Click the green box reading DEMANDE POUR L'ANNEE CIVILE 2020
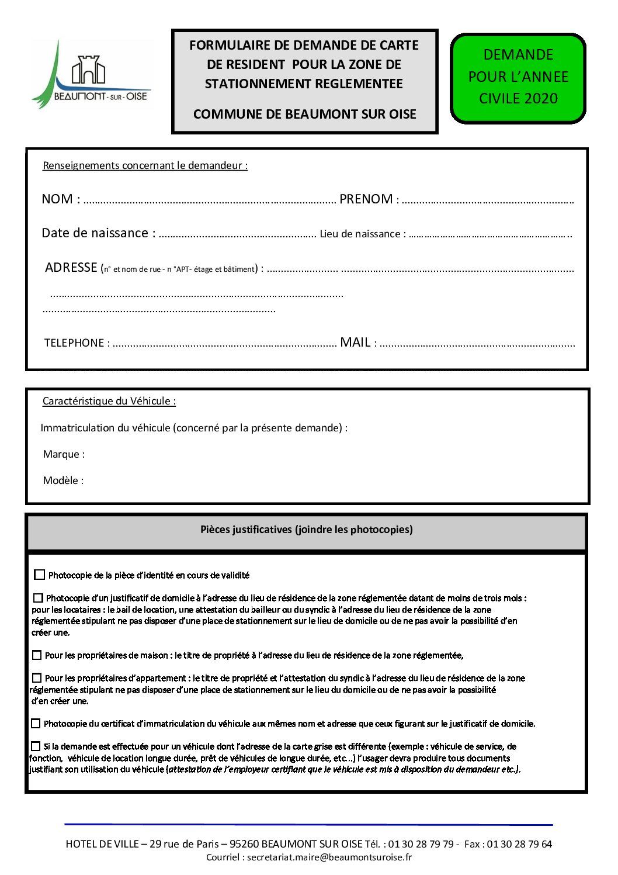coord(518,78)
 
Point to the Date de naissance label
coord(98,233)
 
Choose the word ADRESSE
coord(71,268)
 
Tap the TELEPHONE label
coord(77,343)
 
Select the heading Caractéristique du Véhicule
coord(109,401)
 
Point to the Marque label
coord(64,454)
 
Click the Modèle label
coord(63,480)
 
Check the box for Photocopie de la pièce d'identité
coord(40,575)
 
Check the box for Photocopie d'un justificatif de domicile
coord(38,598)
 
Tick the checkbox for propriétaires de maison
coord(37,655)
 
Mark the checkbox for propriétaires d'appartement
coord(37,678)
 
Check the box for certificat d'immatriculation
coord(36,724)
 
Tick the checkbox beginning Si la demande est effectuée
coord(36,746)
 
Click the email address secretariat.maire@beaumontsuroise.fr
coord(329,857)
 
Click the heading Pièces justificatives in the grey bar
coord(306,530)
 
